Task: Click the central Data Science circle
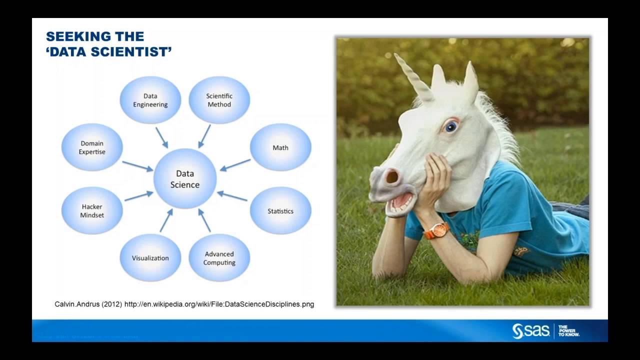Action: click(184, 179)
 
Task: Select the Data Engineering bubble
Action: click(150, 100)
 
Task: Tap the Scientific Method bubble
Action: click(219, 100)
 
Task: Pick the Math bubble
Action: click(280, 147)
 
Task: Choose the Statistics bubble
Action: click(280, 211)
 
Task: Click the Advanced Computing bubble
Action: click(219, 258)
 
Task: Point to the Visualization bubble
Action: click(150, 258)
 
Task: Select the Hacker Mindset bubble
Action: click(92, 211)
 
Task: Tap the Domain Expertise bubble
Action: click(92, 147)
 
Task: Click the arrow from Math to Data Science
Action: click(235, 165)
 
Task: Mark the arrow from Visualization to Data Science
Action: click(166, 220)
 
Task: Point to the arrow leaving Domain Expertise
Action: click(137, 166)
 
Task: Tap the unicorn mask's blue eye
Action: click(451, 126)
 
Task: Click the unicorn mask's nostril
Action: click(391, 176)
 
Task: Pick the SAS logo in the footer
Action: click(531, 331)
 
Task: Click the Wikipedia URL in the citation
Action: click(219, 304)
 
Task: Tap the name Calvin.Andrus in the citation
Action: click(77, 304)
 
